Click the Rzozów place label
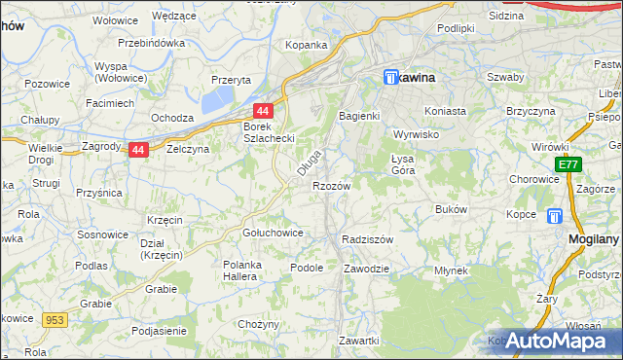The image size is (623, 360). [331, 185]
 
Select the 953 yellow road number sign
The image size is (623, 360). [54, 317]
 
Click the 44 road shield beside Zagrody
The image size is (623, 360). [139, 150]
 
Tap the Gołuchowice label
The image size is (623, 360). [273, 234]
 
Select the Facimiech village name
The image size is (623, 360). [110, 102]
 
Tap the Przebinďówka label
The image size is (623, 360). [151, 43]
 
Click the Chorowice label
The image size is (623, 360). [533, 179]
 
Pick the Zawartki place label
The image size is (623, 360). [358, 341]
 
